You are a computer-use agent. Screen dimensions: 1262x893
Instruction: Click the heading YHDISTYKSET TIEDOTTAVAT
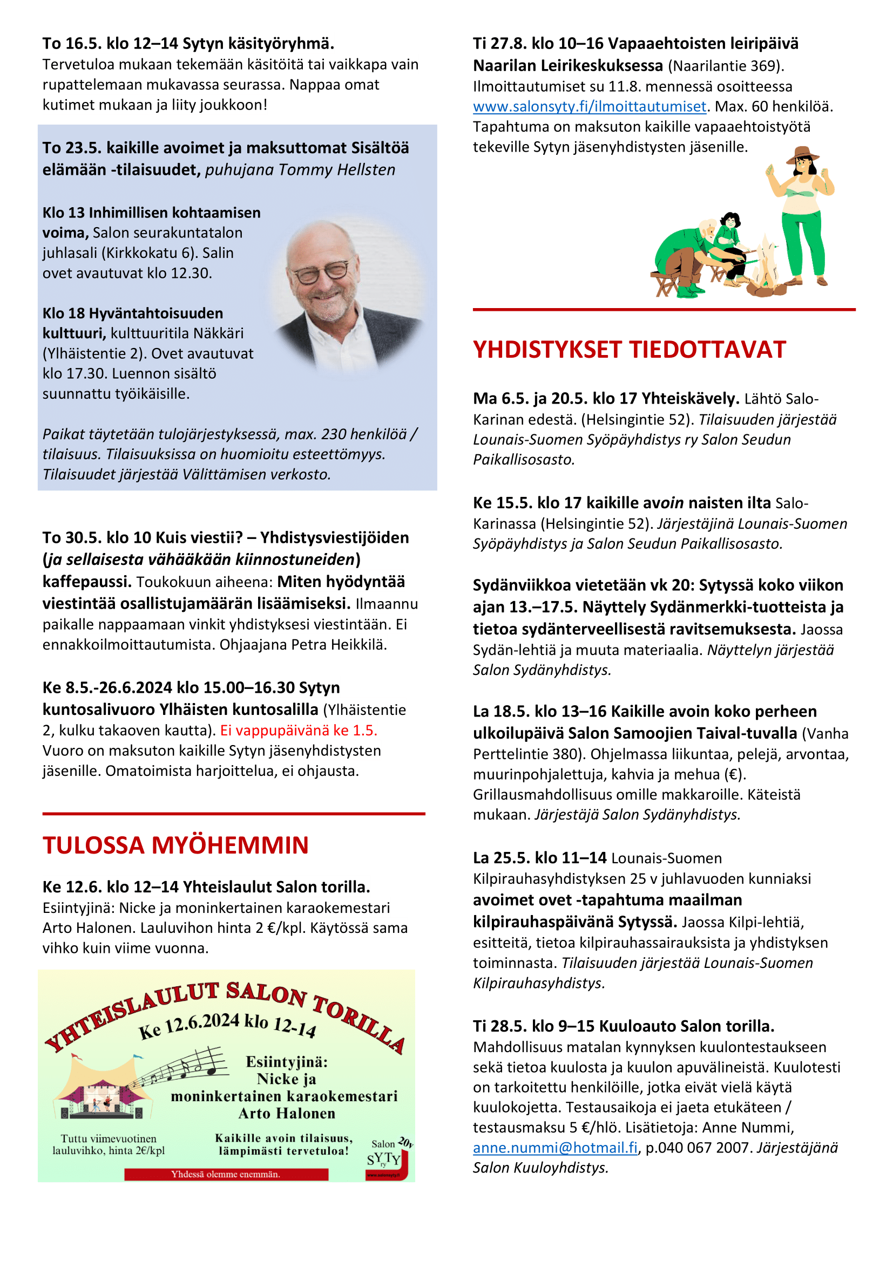629,350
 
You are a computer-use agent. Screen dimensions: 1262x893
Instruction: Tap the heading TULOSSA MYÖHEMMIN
175,845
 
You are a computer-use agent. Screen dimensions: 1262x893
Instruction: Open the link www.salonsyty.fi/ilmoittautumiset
589,107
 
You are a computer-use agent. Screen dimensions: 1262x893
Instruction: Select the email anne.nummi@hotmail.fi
555,1148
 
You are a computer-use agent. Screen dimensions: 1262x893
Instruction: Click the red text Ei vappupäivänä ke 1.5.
299,731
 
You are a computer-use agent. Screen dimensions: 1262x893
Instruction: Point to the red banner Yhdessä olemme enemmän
226,1174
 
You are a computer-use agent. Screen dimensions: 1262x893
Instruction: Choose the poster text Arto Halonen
287,1114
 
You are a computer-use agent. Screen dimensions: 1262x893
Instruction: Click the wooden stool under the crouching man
665,283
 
